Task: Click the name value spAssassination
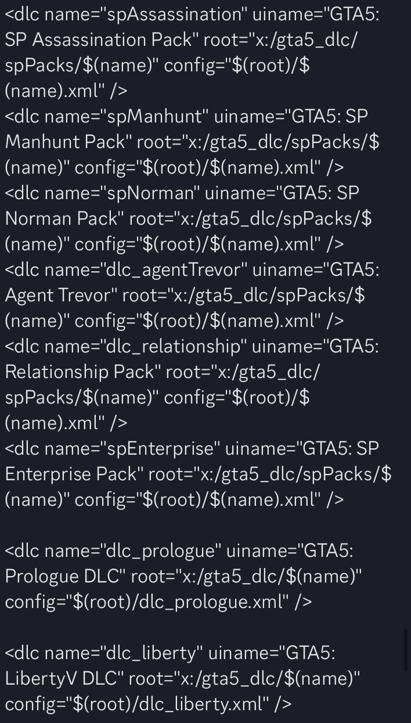tap(175, 15)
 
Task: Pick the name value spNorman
tap(150, 193)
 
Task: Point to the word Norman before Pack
tap(38, 218)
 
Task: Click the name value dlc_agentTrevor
tap(174, 270)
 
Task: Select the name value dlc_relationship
tap(174, 346)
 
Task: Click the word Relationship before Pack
tap(57, 372)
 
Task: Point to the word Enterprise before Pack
tap(48, 474)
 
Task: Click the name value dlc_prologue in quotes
tap(161, 551)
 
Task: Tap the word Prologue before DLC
tap(42, 577)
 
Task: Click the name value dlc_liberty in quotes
tap(152, 653)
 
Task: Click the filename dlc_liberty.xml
tap(190, 704)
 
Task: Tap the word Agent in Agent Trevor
tap(30, 296)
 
